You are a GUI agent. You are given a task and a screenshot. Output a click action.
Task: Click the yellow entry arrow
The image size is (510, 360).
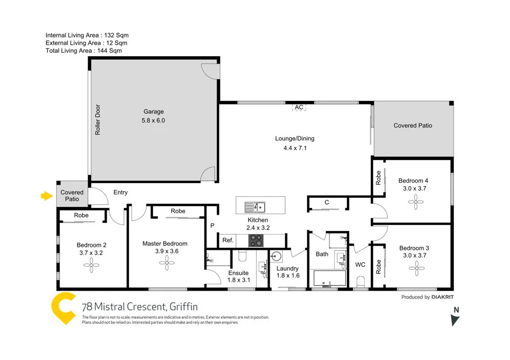click(47, 196)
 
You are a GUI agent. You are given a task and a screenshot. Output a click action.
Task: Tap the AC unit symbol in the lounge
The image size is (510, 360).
click(299, 108)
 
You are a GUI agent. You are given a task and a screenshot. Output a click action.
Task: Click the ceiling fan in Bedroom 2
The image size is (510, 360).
click(92, 263)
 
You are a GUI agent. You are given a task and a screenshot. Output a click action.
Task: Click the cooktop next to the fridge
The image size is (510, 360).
click(256, 241)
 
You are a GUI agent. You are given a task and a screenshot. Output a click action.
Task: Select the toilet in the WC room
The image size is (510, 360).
click(361, 282)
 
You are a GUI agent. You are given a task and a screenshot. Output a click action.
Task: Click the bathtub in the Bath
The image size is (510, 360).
click(329, 279)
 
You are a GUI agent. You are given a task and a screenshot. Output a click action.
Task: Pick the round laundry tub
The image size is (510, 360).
click(277, 256)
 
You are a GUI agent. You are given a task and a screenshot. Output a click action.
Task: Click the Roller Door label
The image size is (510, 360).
click(97, 120)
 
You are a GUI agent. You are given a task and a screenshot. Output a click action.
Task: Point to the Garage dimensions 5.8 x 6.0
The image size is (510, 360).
click(154, 121)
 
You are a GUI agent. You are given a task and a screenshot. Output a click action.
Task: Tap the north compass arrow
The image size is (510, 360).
click(455, 319)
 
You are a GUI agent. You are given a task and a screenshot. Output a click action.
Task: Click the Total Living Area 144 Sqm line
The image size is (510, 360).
click(83, 50)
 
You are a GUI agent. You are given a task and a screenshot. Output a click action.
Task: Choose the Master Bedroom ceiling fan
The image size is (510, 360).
click(164, 263)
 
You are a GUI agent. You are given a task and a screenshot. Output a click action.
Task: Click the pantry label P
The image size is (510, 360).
click(212, 225)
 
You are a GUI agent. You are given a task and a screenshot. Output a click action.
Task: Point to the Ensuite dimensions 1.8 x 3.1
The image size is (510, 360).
click(239, 280)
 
